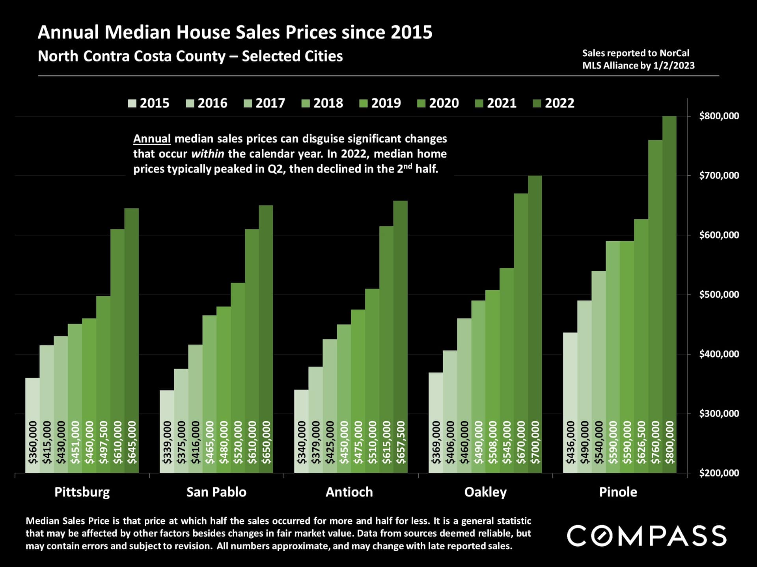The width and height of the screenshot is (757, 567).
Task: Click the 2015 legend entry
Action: (x=149, y=103)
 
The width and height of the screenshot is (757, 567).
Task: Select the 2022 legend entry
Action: (x=554, y=103)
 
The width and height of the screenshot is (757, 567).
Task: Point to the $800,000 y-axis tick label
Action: (x=719, y=116)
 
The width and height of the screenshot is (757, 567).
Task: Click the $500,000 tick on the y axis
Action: (x=719, y=295)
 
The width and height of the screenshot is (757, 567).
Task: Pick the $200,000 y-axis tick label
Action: (x=719, y=473)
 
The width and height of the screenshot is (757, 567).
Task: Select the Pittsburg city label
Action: (x=82, y=492)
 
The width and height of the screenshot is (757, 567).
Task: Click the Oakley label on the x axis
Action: (x=485, y=492)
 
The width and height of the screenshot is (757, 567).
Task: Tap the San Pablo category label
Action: (x=216, y=492)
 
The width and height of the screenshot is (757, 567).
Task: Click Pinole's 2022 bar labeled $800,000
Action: (x=669, y=276)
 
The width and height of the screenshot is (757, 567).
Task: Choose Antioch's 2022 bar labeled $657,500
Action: (x=401, y=315)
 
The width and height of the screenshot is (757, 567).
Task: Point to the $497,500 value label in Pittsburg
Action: (x=103, y=442)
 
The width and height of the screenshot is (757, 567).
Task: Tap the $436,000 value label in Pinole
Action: (x=570, y=442)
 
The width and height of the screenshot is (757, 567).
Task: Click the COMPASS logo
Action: (x=647, y=535)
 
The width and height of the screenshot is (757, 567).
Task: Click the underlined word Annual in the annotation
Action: (x=152, y=139)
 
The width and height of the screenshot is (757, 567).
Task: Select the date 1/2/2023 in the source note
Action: (x=674, y=65)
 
